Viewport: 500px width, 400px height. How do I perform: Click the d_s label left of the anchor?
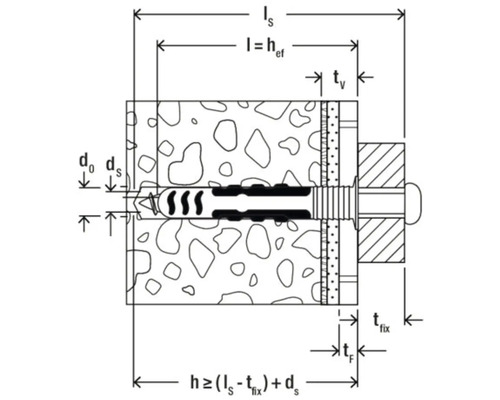pyautogui.click(x=113, y=163)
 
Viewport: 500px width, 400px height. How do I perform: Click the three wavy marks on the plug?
pyautogui.click(x=180, y=200)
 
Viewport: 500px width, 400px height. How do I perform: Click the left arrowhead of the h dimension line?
pyautogui.click(x=137, y=381)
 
